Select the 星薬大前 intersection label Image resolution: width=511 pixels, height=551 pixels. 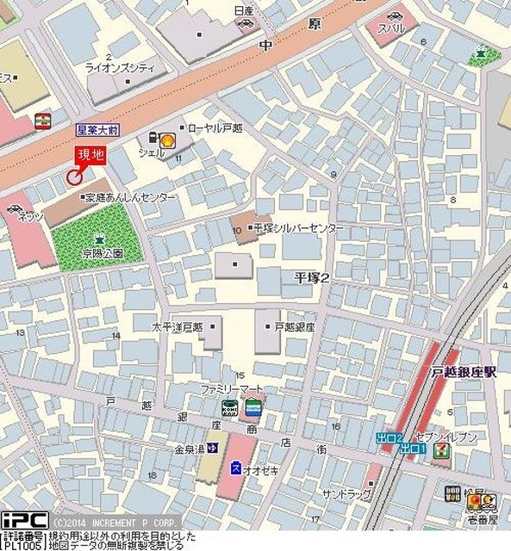(x=96, y=129)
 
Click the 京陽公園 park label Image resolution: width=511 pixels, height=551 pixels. (x=103, y=253)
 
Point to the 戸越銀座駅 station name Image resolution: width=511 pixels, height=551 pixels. (x=464, y=372)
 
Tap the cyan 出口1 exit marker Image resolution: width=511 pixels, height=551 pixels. (x=414, y=449)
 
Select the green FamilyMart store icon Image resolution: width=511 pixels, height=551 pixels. (x=252, y=407)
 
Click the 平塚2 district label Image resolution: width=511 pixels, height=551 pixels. (x=312, y=276)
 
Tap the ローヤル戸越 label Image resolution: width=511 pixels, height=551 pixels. (x=212, y=127)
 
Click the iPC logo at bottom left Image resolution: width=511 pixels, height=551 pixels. (x=23, y=521)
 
